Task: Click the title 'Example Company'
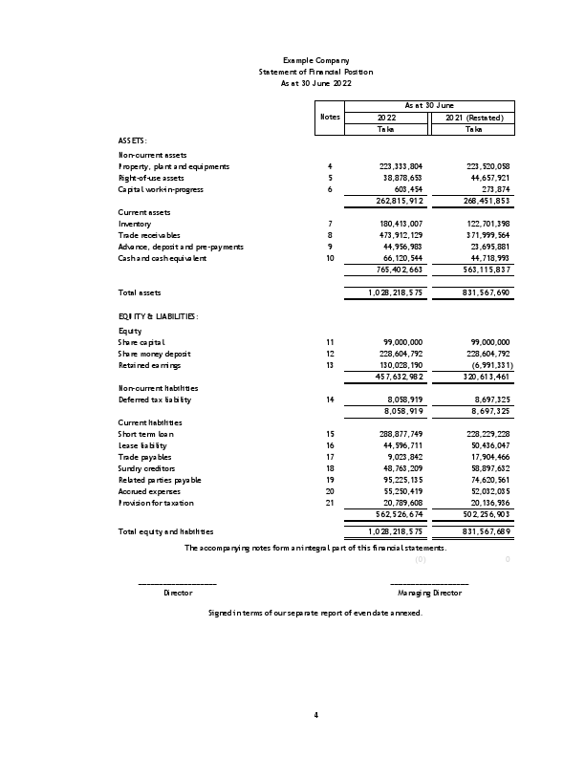tap(315, 60)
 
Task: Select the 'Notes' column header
tap(330, 118)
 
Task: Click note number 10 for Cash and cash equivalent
tap(330, 258)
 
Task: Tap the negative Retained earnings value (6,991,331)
tap(487, 365)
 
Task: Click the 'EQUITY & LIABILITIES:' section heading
tap(158, 315)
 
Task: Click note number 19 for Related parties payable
tap(330, 480)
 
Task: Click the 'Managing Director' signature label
tap(429, 593)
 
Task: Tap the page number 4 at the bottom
tap(315, 714)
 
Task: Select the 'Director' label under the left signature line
tap(178, 593)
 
